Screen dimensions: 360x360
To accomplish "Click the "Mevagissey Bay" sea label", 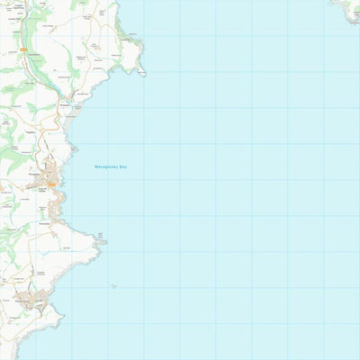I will pyautogui.click(x=111, y=166).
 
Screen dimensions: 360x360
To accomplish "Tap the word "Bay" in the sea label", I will pyautogui.click(x=122, y=166).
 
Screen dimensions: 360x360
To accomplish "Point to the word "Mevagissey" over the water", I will pyautogui.click(x=106, y=166).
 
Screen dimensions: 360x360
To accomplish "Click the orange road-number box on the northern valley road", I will pyautogui.click(x=35, y=49).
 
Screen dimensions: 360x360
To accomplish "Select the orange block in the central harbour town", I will pyautogui.click(x=51, y=184).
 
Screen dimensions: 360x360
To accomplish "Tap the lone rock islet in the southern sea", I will pyautogui.click(x=113, y=286).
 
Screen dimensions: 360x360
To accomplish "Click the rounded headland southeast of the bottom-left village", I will pyautogui.click(x=56, y=317).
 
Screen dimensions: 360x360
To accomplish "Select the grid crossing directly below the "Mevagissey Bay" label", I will pyautogui.click(x=108, y=180).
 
